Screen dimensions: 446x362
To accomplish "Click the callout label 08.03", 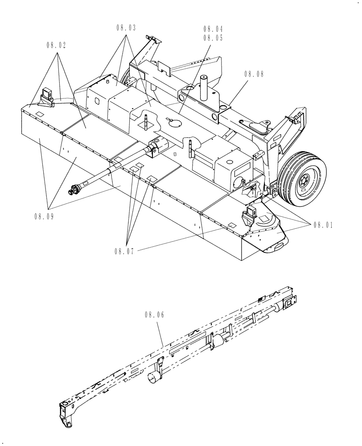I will pyautogui.click(x=127, y=28).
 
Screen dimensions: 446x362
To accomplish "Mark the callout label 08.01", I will pyautogui.click(x=323, y=225).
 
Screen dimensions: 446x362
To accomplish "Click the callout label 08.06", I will pyautogui.click(x=154, y=315).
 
